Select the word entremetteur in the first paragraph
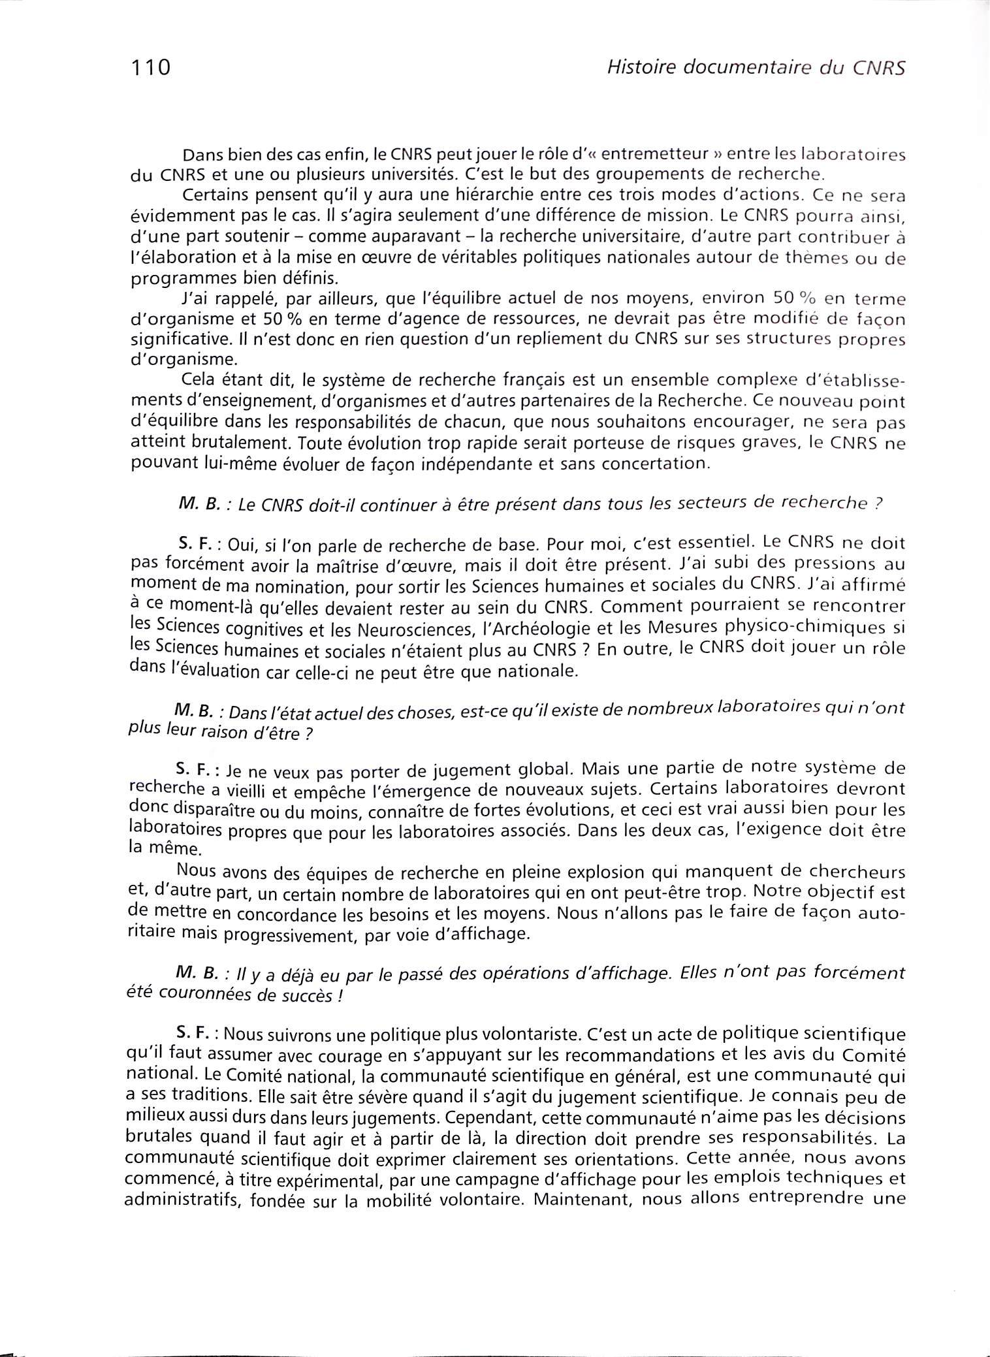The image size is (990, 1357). point(655,155)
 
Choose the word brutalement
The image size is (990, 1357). point(240,445)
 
